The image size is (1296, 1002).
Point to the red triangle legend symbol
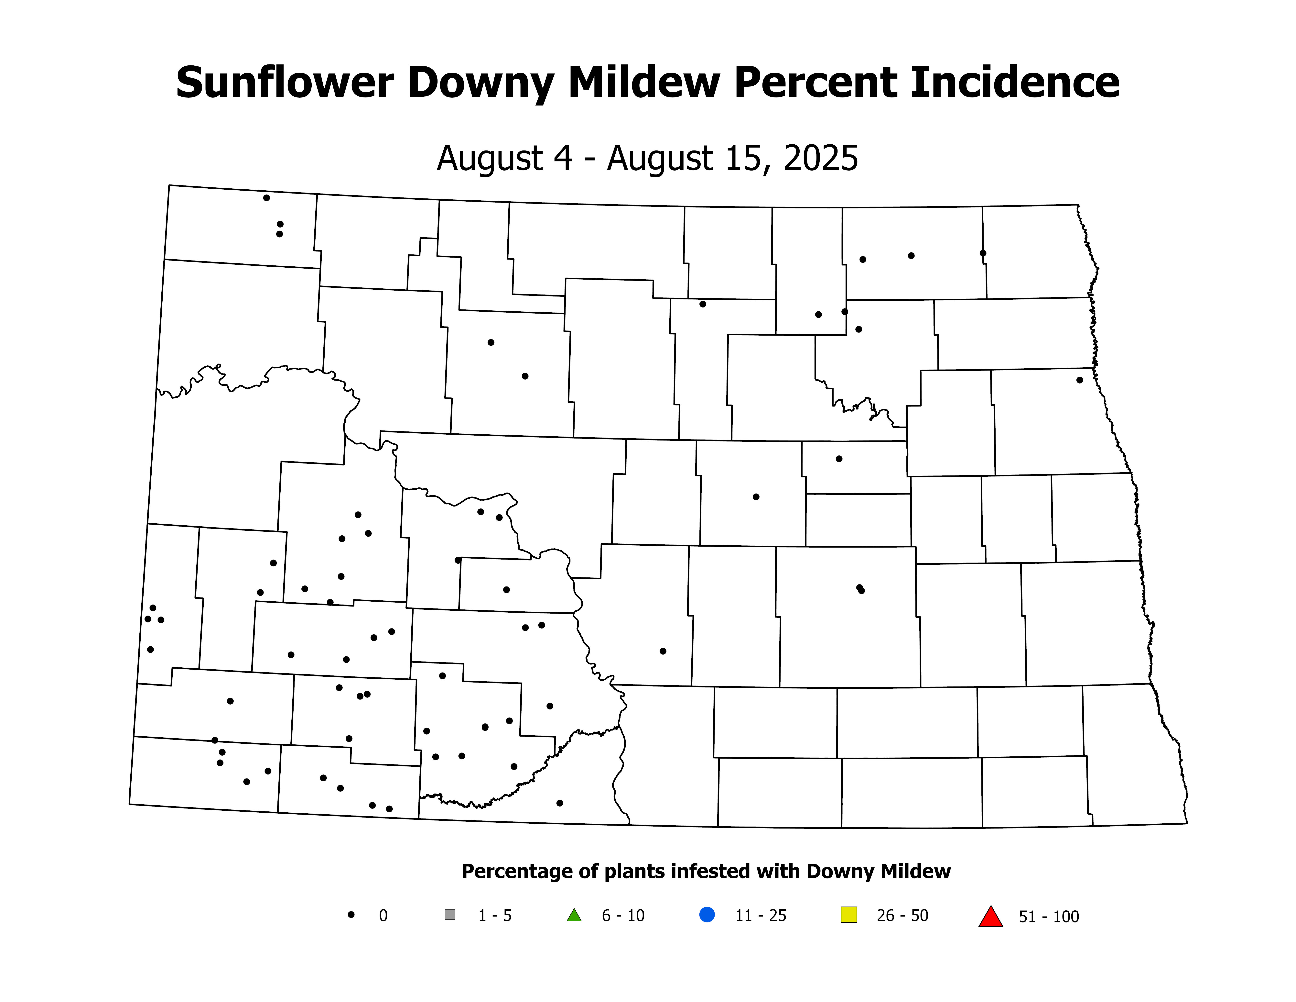point(990,917)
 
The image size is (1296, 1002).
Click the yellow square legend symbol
point(849,915)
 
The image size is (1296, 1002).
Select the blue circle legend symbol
point(707,915)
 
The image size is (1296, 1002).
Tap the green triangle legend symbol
point(574,915)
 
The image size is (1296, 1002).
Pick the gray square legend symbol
point(450,915)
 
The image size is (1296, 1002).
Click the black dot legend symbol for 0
point(351,915)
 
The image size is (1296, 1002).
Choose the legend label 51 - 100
point(1049,917)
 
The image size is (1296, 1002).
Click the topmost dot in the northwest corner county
point(266,198)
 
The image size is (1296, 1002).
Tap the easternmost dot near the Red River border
point(1079,380)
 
